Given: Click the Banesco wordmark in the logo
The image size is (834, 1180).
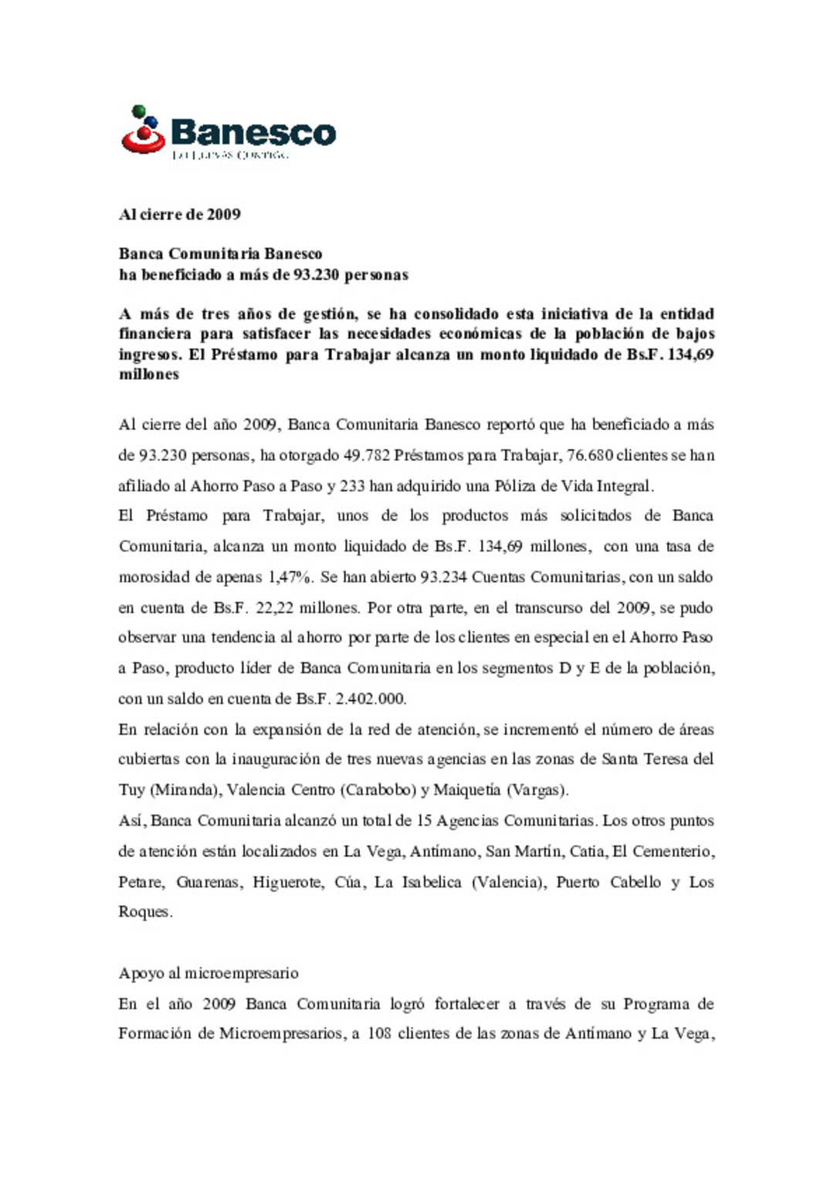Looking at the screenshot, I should pos(253,133).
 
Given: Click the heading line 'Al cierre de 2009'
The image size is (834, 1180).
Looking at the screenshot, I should pos(179,215).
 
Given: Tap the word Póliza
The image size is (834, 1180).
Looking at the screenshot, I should pos(514,487).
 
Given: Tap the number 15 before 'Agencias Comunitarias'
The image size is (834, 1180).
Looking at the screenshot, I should pos(423,821).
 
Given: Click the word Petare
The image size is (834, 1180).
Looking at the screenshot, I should pos(141,882).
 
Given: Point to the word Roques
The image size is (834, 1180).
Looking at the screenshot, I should pos(144,912).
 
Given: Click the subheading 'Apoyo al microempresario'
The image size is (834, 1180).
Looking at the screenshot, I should pos(208,973).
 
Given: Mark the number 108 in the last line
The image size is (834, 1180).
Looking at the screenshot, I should pos(379,1034).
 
